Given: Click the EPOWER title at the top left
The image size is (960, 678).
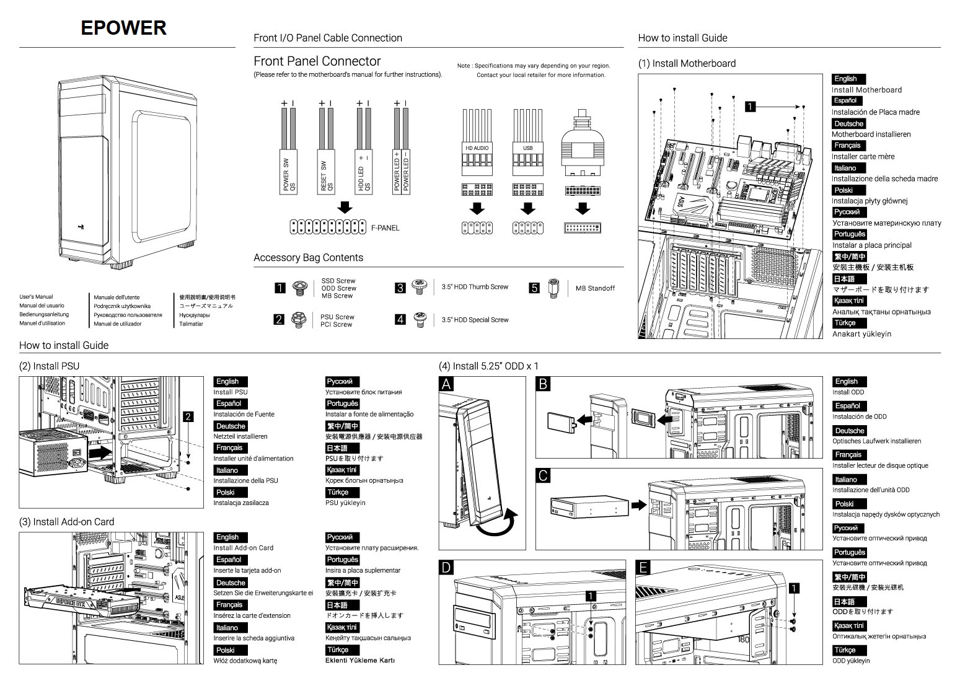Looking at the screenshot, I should pos(123,28).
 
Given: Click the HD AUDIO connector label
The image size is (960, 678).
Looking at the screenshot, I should pos(477,148).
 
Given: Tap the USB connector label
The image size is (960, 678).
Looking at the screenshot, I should pos(527,148).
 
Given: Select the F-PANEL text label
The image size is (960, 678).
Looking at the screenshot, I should pos(385,228).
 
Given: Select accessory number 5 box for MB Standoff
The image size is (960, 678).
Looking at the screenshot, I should pos(534,288).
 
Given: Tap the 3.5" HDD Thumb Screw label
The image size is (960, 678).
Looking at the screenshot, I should pos(475,287).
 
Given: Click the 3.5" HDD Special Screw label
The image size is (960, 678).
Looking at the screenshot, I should pos(475,320).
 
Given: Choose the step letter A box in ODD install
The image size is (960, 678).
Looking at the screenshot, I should pos(446,384).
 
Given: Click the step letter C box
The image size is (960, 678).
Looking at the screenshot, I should pos(543,475).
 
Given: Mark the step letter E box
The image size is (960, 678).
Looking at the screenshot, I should pos(643,567).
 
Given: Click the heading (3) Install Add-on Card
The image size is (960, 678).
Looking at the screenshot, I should pos(67,522).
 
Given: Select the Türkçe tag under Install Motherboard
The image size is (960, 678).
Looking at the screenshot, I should pos(845,323).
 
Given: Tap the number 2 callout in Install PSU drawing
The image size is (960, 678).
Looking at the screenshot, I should pos(188,416).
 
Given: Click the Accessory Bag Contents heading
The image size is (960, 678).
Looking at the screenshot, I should pos(308,258).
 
